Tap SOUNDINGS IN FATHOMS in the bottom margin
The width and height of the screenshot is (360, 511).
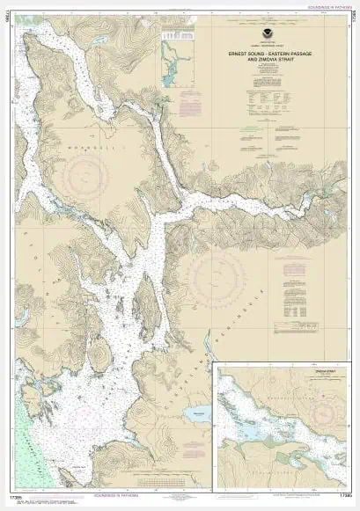coord(180,501)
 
